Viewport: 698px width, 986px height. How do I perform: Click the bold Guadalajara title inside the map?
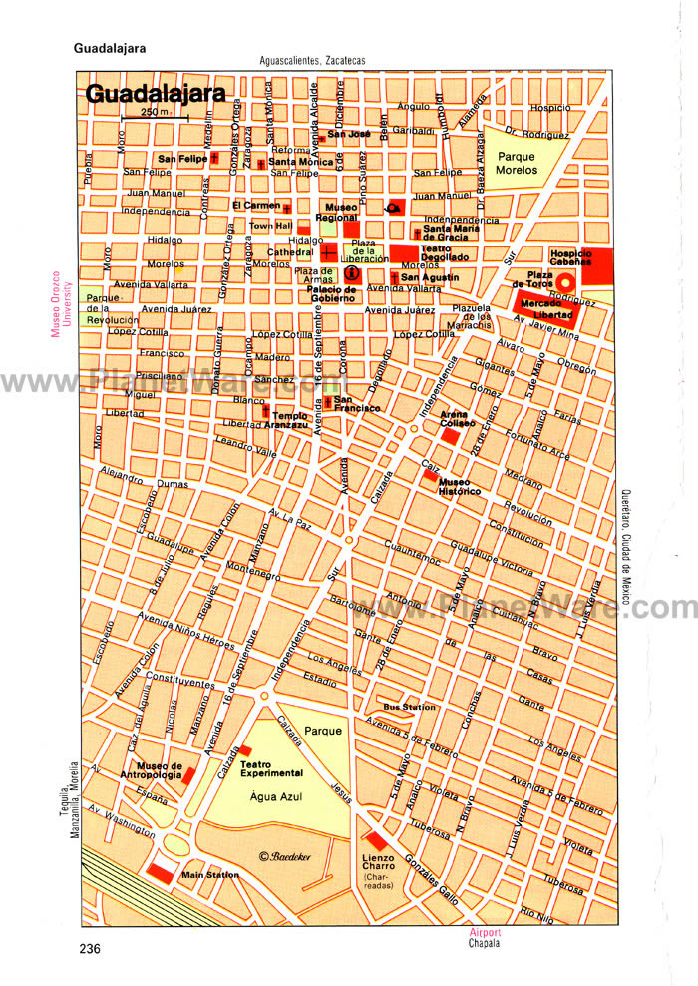click(155, 95)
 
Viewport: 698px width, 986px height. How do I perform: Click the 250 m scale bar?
click(154, 118)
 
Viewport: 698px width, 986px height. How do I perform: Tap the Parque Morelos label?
click(517, 163)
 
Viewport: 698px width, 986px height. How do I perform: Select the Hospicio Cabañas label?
click(570, 257)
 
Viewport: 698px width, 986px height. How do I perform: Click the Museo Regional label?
click(335, 213)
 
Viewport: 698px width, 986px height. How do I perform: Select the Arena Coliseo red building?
click(452, 437)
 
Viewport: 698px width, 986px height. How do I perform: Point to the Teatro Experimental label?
click(271, 768)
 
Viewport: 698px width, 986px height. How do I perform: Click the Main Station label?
click(210, 875)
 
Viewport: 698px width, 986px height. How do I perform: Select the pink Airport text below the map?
click(486, 933)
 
